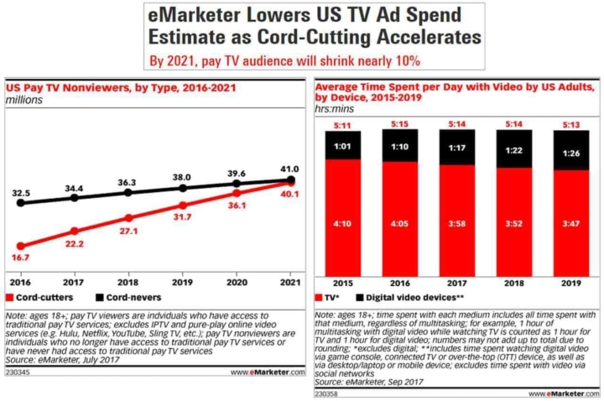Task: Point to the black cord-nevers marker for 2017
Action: click(75, 197)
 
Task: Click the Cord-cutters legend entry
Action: click(39, 297)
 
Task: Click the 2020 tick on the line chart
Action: click(237, 284)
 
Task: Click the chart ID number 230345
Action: click(18, 372)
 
